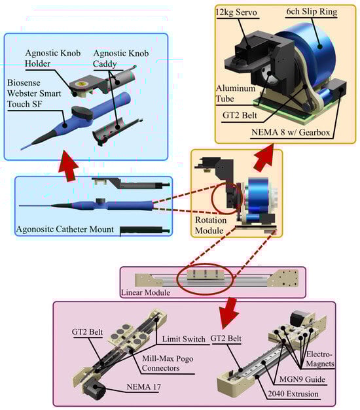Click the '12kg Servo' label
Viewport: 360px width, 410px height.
click(236, 12)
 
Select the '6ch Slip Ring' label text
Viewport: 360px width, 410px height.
click(312, 12)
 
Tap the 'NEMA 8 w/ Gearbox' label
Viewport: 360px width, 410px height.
click(291, 132)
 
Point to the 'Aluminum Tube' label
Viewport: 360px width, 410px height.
click(236, 94)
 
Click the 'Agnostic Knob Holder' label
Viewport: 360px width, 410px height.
click(52, 58)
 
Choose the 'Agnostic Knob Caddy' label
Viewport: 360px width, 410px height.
click(121, 59)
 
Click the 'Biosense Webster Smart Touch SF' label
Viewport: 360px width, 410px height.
click(34, 94)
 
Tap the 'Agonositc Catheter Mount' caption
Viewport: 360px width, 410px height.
click(65, 229)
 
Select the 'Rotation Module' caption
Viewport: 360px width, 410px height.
click(211, 225)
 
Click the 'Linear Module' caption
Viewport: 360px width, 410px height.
click(145, 292)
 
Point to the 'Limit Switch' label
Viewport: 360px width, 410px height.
click(183, 339)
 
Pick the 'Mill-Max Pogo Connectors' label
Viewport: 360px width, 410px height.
click(168, 363)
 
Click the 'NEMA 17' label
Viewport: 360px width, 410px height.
click(143, 386)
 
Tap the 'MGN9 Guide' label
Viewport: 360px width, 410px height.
click(302, 379)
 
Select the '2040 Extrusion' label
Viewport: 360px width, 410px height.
click(293, 394)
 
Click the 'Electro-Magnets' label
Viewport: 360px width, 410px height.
click(320, 359)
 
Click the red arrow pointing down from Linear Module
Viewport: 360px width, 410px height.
click(228, 313)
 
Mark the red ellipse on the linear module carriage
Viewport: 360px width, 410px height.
click(205, 279)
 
